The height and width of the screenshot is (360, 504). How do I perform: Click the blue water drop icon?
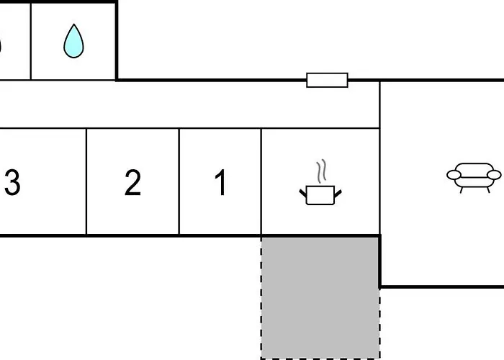pyautogui.click(x=73, y=42)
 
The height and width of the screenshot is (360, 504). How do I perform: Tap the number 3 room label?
pyautogui.click(x=12, y=184)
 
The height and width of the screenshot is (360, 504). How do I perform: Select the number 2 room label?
pyautogui.click(x=132, y=184)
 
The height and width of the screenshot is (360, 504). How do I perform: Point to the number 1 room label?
pyautogui.click(x=221, y=184)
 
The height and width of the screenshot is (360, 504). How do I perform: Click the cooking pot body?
pyautogui.click(x=319, y=195)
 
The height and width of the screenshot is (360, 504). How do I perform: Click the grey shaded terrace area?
pyautogui.click(x=320, y=297)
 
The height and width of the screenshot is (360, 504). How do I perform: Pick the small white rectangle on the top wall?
pyautogui.click(x=327, y=80)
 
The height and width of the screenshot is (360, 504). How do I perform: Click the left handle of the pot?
pyautogui.click(x=303, y=191)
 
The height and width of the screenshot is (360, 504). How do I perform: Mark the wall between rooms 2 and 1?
pyautogui.click(x=179, y=181)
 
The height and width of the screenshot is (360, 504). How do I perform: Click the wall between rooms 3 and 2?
pyautogui.click(x=86, y=181)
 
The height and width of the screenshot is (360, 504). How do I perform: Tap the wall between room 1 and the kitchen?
pyautogui.click(x=261, y=181)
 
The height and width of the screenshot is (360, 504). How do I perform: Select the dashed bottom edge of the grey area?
pyautogui.click(x=320, y=358)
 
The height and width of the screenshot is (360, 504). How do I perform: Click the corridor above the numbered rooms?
pyautogui.click(x=187, y=104)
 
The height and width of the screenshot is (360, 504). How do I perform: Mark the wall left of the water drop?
pyautogui.click(x=31, y=40)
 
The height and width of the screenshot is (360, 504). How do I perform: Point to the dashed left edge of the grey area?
pyautogui.click(x=261, y=297)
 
